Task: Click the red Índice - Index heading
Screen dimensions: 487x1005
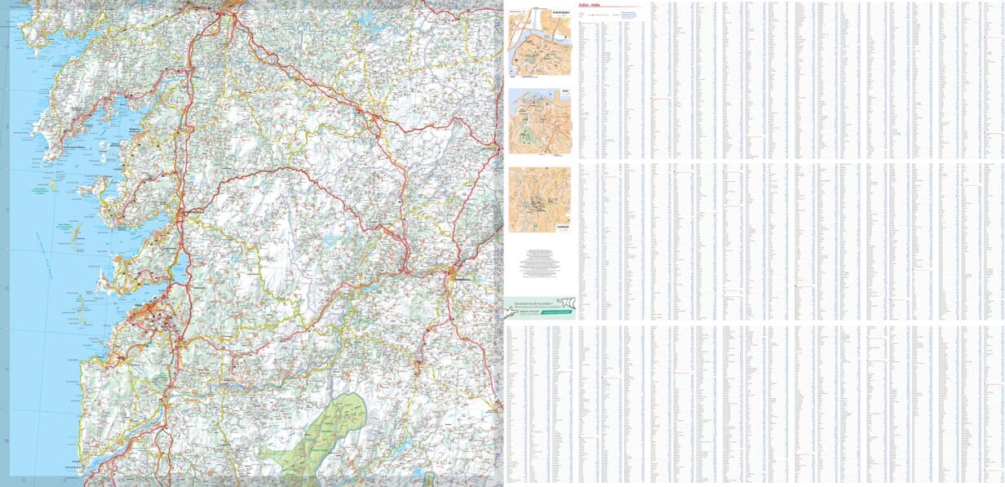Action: coord(588,5)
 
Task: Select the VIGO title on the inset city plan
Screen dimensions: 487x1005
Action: coord(564,91)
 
